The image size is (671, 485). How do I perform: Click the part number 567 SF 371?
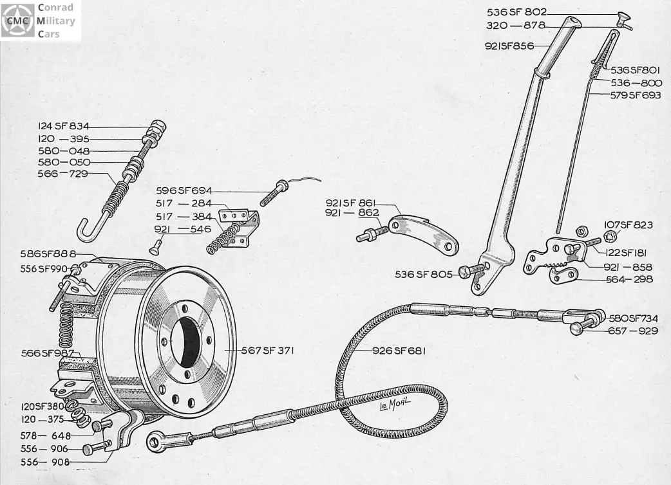[x=267, y=351]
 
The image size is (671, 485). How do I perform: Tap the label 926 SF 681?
[x=399, y=351]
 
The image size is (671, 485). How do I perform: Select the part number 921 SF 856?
[x=509, y=46]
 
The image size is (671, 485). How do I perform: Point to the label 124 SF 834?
[x=63, y=126]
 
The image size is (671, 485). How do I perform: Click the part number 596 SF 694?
[x=184, y=190]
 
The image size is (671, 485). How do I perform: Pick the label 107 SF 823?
[x=628, y=224]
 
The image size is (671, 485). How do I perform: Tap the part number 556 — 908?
[x=45, y=462]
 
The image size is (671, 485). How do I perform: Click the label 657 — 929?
[x=633, y=331]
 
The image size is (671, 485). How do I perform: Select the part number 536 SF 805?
[x=424, y=274]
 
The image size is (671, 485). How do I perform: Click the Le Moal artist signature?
[x=395, y=403]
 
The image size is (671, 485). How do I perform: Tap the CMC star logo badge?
[x=17, y=21]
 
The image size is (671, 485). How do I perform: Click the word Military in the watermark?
[x=55, y=21]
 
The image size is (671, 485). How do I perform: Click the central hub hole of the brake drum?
[x=185, y=342]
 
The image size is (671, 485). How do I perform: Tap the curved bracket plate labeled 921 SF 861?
[x=423, y=235]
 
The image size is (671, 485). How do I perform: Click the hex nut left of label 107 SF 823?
[x=581, y=231]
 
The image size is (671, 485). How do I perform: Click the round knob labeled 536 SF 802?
[x=623, y=17]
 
